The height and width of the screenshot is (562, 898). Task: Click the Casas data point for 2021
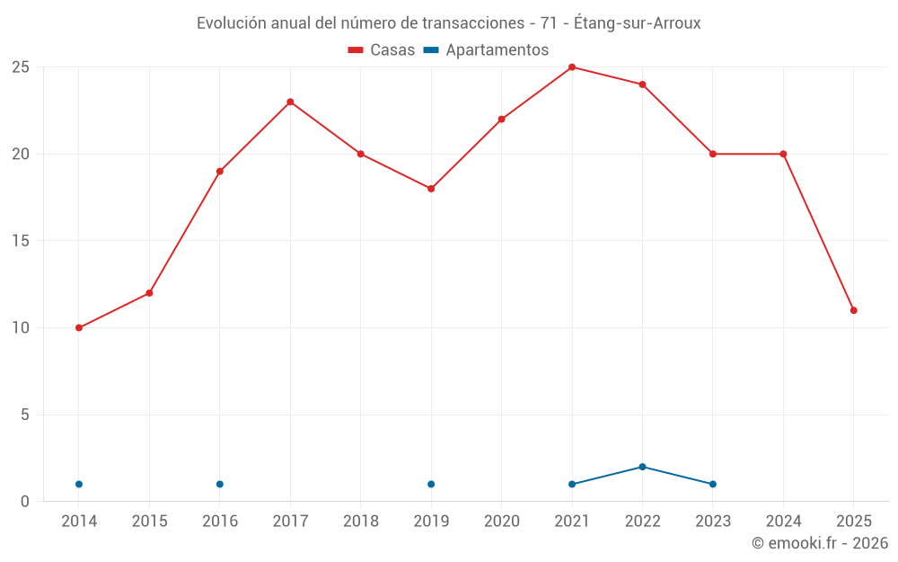(x=572, y=67)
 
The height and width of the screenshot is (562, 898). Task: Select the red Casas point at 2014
(x=79, y=328)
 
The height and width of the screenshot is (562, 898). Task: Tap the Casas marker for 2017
(x=290, y=102)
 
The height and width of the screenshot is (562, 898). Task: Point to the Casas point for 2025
(x=854, y=310)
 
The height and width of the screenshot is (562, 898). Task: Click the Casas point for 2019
(x=431, y=189)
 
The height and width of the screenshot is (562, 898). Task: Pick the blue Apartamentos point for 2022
(x=642, y=467)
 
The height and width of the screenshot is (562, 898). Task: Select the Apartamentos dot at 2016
(x=220, y=485)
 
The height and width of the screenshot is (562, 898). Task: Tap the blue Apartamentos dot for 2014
(x=79, y=485)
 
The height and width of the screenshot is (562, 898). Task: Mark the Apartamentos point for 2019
(x=431, y=485)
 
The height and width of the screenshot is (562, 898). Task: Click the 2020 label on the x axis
(x=501, y=522)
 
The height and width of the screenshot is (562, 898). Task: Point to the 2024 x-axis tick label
(x=783, y=522)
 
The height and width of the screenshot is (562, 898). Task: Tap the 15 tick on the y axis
(x=21, y=241)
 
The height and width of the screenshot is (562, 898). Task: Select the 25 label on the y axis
(x=21, y=67)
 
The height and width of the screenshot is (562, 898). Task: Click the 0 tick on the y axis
(x=25, y=502)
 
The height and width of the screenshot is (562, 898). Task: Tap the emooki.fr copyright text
(x=820, y=543)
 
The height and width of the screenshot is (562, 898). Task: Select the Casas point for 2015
(x=149, y=293)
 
